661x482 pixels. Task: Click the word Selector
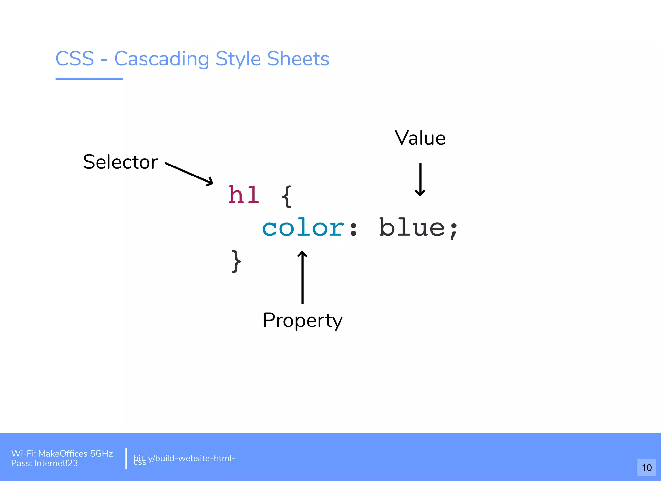tap(120, 162)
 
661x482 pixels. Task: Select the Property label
tap(302, 320)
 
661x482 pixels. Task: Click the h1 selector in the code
tap(244, 195)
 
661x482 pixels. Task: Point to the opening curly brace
tap(287, 196)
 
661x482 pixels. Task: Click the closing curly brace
tap(236, 261)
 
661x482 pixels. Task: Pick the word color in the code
tap(303, 228)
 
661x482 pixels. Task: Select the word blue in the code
tap(412, 227)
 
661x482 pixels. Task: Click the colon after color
tap(353, 229)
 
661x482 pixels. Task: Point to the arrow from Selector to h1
tap(189, 174)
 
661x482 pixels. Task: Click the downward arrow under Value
tap(420, 179)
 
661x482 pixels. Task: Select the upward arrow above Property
tap(302, 277)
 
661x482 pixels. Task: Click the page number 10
tap(646, 467)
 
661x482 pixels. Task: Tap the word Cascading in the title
tap(162, 59)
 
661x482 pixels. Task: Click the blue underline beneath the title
tap(89, 79)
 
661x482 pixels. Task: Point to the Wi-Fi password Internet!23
tap(56, 463)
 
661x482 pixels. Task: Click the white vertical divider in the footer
tap(126, 458)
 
